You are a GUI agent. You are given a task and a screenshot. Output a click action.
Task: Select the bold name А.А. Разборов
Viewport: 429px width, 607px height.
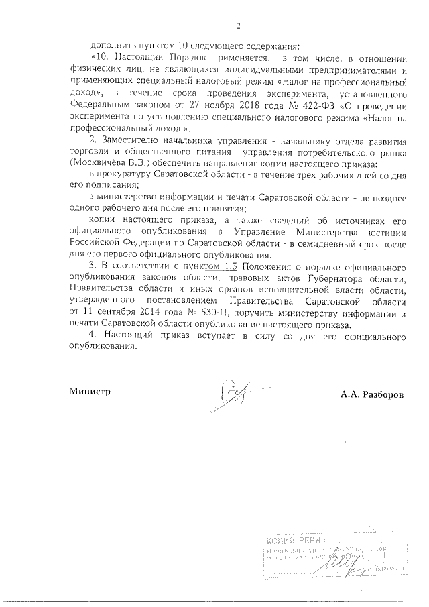(x=372, y=394)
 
